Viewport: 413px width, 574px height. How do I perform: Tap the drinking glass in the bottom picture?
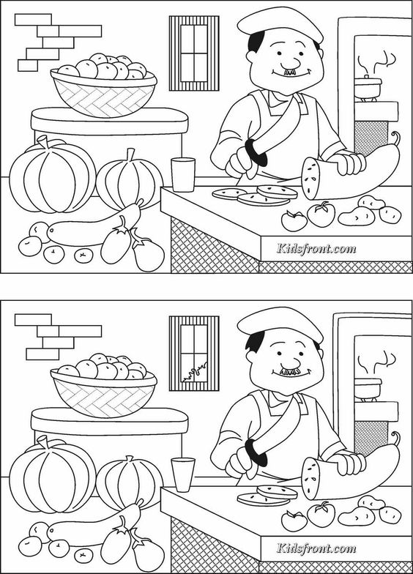point(183,474)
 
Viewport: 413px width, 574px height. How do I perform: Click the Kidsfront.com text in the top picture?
point(316,249)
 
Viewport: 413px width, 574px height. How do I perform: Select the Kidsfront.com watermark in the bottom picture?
point(316,548)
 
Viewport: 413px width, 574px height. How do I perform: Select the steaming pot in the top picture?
point(368,86)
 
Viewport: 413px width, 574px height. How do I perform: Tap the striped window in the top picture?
point(194,53)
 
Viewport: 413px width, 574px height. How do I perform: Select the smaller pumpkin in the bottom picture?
point(129,480)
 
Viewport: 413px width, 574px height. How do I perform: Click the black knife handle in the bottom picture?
point(256,452)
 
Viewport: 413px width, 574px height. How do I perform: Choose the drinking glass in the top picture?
point(183,174)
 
